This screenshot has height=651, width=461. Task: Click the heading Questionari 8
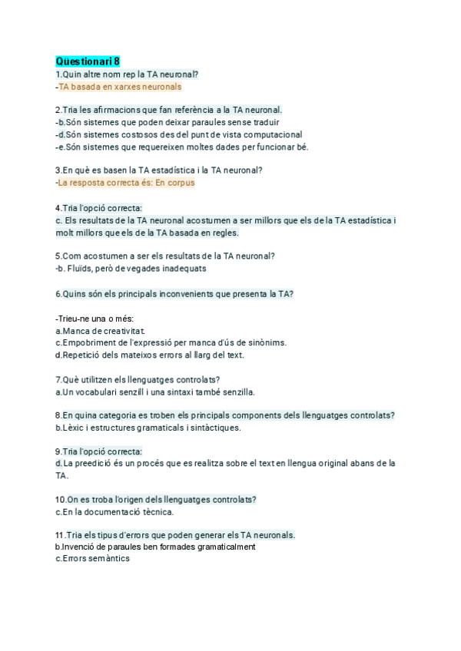pyautogui.click(x=88, y=61)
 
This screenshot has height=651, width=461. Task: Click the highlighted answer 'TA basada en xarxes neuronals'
pyautogui.click(x=120, y=87)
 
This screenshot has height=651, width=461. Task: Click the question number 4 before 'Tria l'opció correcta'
pyautogui.click(x=58, y=208)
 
